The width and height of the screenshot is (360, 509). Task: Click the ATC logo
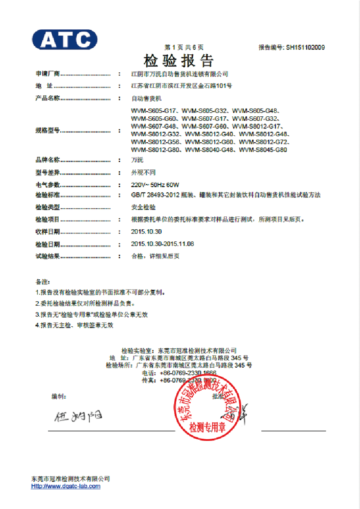click(x=65, y=39)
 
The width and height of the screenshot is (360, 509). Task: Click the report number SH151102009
click(x=305, y=47)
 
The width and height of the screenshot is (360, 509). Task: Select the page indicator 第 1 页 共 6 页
click(x=184, y=47)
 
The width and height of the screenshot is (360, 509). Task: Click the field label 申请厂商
click(x=47, y=74)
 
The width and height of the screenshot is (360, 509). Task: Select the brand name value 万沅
click(x=137, y=160)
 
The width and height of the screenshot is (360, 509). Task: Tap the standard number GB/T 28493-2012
click(x=157, y=195)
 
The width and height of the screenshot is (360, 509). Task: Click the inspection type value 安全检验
click(x=143, y=207)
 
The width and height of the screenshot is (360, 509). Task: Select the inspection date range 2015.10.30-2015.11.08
click(x=162, y=244)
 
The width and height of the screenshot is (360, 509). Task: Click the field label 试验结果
click(x=47, y=256)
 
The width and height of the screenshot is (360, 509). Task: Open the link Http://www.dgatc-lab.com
click(x=66, y=486)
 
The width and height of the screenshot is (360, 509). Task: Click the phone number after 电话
click(x=188, y=373)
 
